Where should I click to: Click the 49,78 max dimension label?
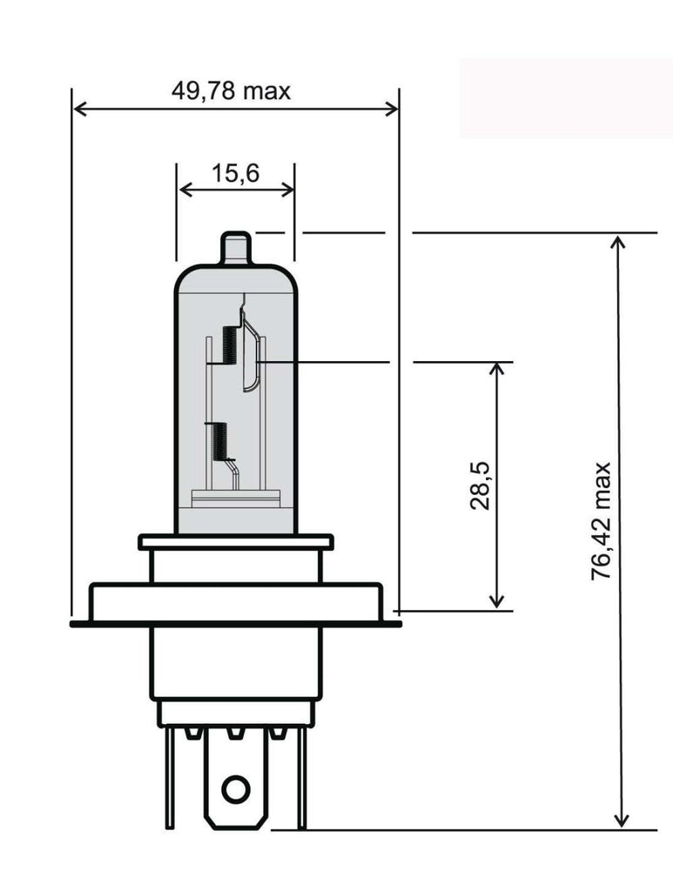231,90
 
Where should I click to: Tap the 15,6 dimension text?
235,173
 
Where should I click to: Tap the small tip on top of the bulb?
236,247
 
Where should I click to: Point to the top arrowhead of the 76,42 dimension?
620,242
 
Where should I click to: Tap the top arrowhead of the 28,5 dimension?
497,369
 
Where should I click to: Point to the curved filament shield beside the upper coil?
251,357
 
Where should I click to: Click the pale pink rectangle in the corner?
565,97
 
